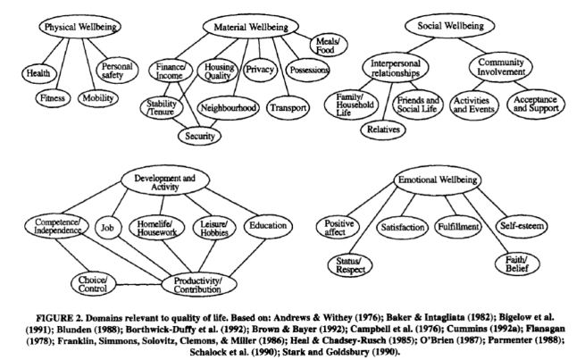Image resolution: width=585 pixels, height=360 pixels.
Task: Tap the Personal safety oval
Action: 117,69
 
